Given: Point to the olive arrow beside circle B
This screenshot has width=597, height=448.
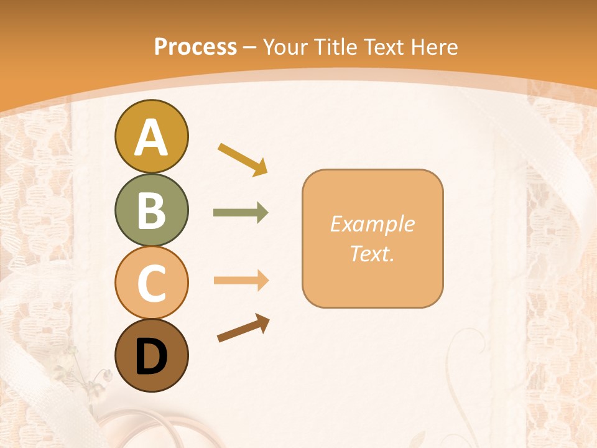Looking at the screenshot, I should [x=241, y=213].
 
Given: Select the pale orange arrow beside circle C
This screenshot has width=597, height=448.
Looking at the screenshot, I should [x=241, y=281].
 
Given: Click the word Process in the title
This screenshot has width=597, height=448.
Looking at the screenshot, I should [x=195, y=47].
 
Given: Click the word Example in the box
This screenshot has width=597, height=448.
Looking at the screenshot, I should [x=372, y=224].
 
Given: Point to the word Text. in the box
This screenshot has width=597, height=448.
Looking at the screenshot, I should [x=372, y=253].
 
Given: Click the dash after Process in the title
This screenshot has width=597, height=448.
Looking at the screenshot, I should [x=250, y=47].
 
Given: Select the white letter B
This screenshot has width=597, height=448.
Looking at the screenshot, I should [x=151, y=210].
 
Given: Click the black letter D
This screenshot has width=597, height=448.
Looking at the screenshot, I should [x=151, y=357].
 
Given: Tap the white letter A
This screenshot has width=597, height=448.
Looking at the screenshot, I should [x=151, y=137].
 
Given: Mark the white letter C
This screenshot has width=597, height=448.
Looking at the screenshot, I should [x=151, y=283].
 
